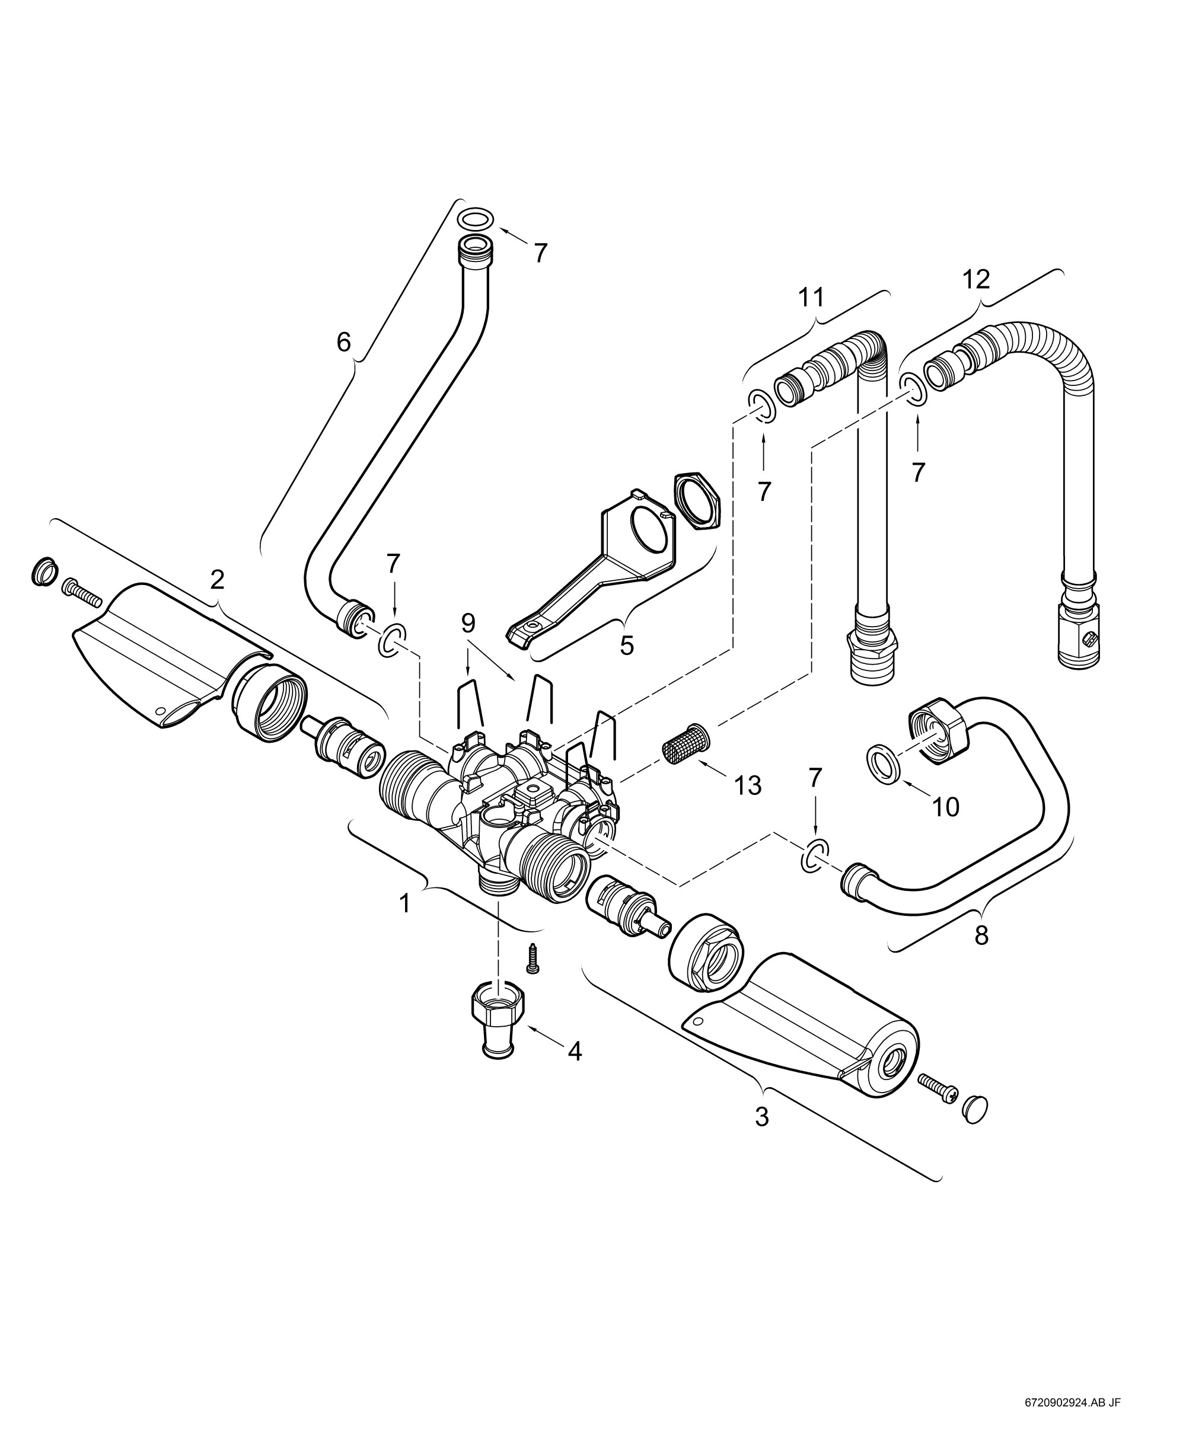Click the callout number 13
(748, 785)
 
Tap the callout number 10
(945, 807)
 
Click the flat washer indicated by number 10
(885, 762)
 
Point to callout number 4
(575, 1052)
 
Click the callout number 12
(976, 279)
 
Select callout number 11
(811, 297)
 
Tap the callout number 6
(343, 342)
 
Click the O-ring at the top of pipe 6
(476, 219)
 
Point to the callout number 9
(468, 623)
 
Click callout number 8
(981, 935)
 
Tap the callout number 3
(762, 1117)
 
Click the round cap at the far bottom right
(975, 1109)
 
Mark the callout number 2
(217, 580)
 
